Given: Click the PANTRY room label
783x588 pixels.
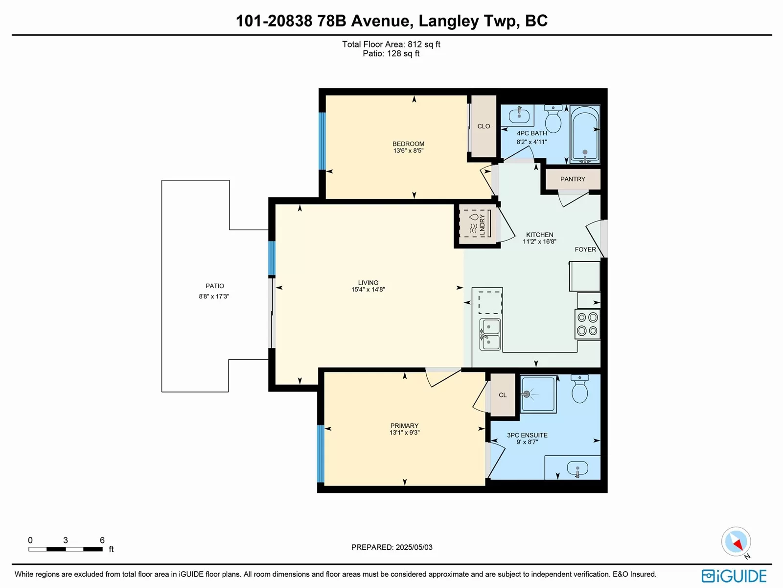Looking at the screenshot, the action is [573, 179].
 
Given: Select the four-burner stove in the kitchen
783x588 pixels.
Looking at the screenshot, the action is [587, 324].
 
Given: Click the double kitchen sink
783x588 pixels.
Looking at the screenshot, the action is [490, 335].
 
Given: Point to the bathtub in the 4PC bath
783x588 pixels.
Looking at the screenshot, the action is [585, 134].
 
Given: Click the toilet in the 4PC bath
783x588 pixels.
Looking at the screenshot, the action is [553, 118].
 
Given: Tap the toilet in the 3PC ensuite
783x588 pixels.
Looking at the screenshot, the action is [580, 389].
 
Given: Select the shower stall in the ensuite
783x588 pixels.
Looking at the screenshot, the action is [538, 393].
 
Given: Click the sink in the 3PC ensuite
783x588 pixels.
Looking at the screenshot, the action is [577, 469].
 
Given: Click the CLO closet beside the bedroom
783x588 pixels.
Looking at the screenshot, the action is [484, 126].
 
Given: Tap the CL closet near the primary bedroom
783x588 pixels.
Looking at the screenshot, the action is [503, 395].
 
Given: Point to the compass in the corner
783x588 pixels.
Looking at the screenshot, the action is [736, 541].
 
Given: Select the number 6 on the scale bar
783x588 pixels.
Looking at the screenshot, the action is [102, 540].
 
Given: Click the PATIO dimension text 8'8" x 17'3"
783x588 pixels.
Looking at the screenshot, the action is [214, 296].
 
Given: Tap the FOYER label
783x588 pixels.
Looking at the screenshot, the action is [585, 249].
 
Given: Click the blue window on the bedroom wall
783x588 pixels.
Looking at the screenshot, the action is [322, 141].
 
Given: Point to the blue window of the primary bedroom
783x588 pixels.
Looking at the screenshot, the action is [321, 453].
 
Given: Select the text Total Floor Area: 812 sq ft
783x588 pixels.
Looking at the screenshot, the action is [391, 44].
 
